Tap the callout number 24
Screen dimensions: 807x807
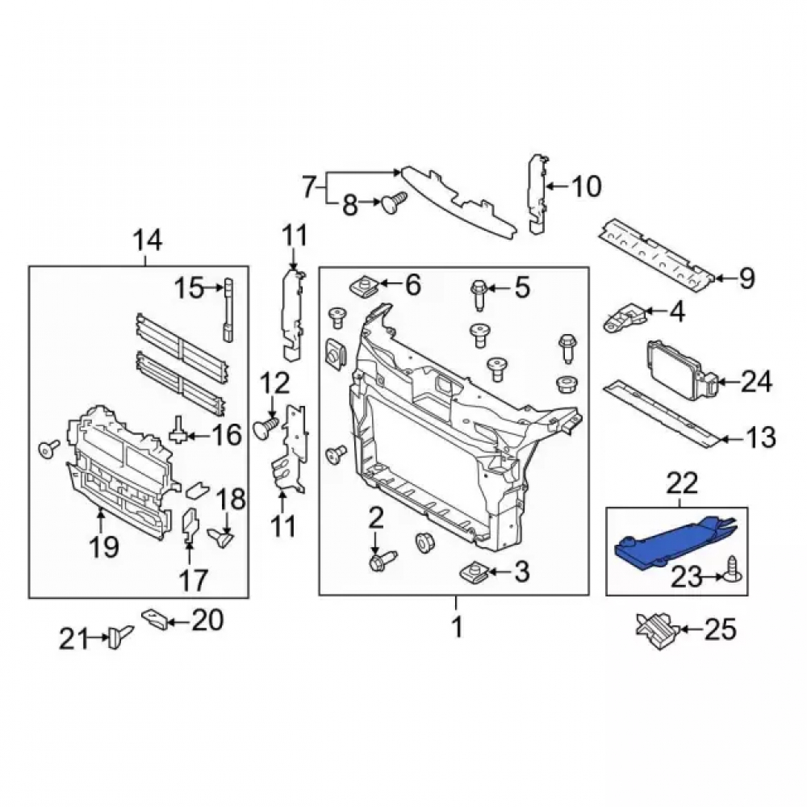click(x=757, y=383)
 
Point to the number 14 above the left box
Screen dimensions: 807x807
click(x=148, y=240)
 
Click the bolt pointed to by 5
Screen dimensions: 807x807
click(x=478, y=294)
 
